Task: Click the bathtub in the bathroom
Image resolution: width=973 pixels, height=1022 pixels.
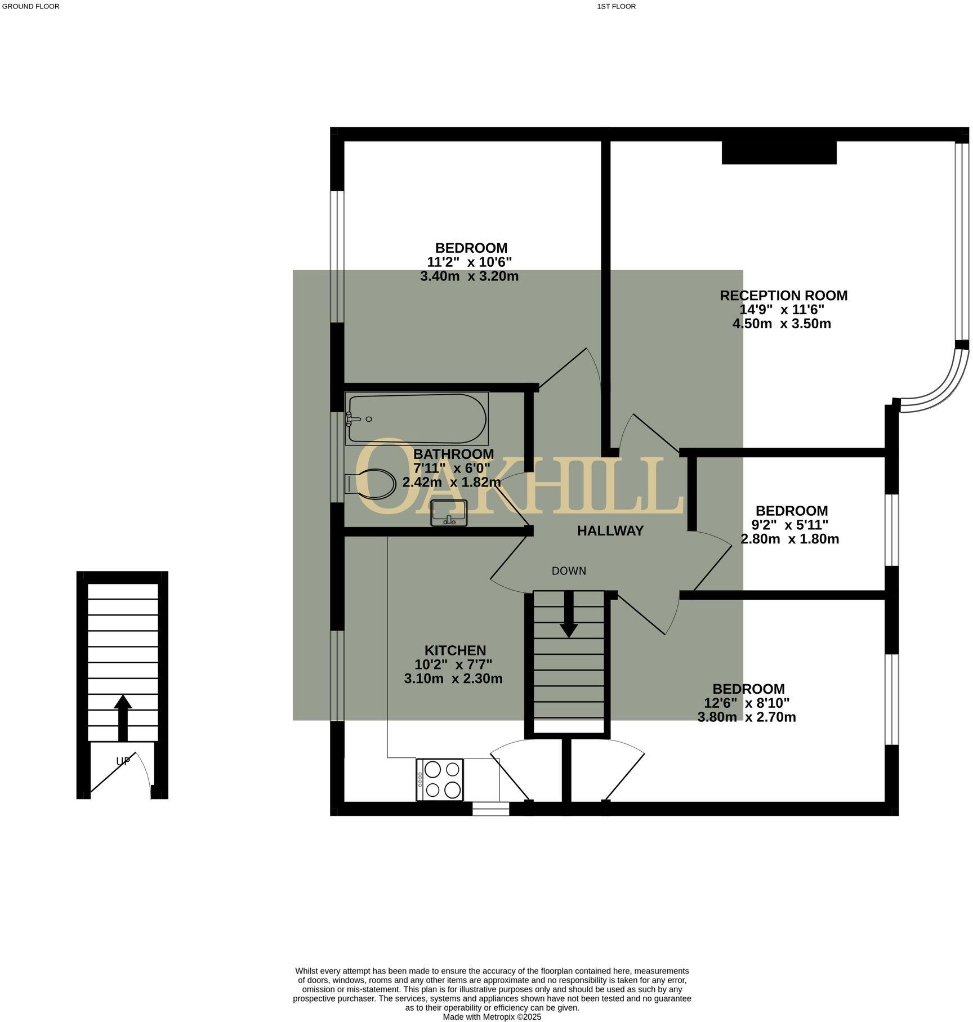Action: click(x=417, y=418)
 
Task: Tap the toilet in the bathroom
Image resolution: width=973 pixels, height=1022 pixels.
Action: click(x=372, y=484)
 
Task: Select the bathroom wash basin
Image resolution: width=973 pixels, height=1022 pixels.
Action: click(x=449, y=513)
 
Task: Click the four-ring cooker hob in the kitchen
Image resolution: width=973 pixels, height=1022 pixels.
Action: click(x=440, y=780)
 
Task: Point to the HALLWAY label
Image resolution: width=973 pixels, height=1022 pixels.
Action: click(x=610, y=530)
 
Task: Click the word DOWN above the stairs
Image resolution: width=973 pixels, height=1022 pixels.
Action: click(x=569, y=571)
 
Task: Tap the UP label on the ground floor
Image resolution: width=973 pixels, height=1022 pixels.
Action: click(x=123, y=761)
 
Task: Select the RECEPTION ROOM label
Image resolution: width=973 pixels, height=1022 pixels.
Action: click(x=783, y=296)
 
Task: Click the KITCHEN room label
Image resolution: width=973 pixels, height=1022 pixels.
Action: click(x=455, y=650)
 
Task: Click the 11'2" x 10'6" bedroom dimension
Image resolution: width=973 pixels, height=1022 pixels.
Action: click(x=469, y=262)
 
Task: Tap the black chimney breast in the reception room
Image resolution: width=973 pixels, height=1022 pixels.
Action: click(x=779, y=153)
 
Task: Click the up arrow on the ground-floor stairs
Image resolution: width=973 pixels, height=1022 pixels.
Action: click(x=123, y=716)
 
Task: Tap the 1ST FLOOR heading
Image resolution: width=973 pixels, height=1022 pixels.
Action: click(x=616, y=7)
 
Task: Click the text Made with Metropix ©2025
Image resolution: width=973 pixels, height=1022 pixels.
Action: click(x=492, y=1017)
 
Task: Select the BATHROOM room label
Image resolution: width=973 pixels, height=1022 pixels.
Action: click(x=453, y=454)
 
